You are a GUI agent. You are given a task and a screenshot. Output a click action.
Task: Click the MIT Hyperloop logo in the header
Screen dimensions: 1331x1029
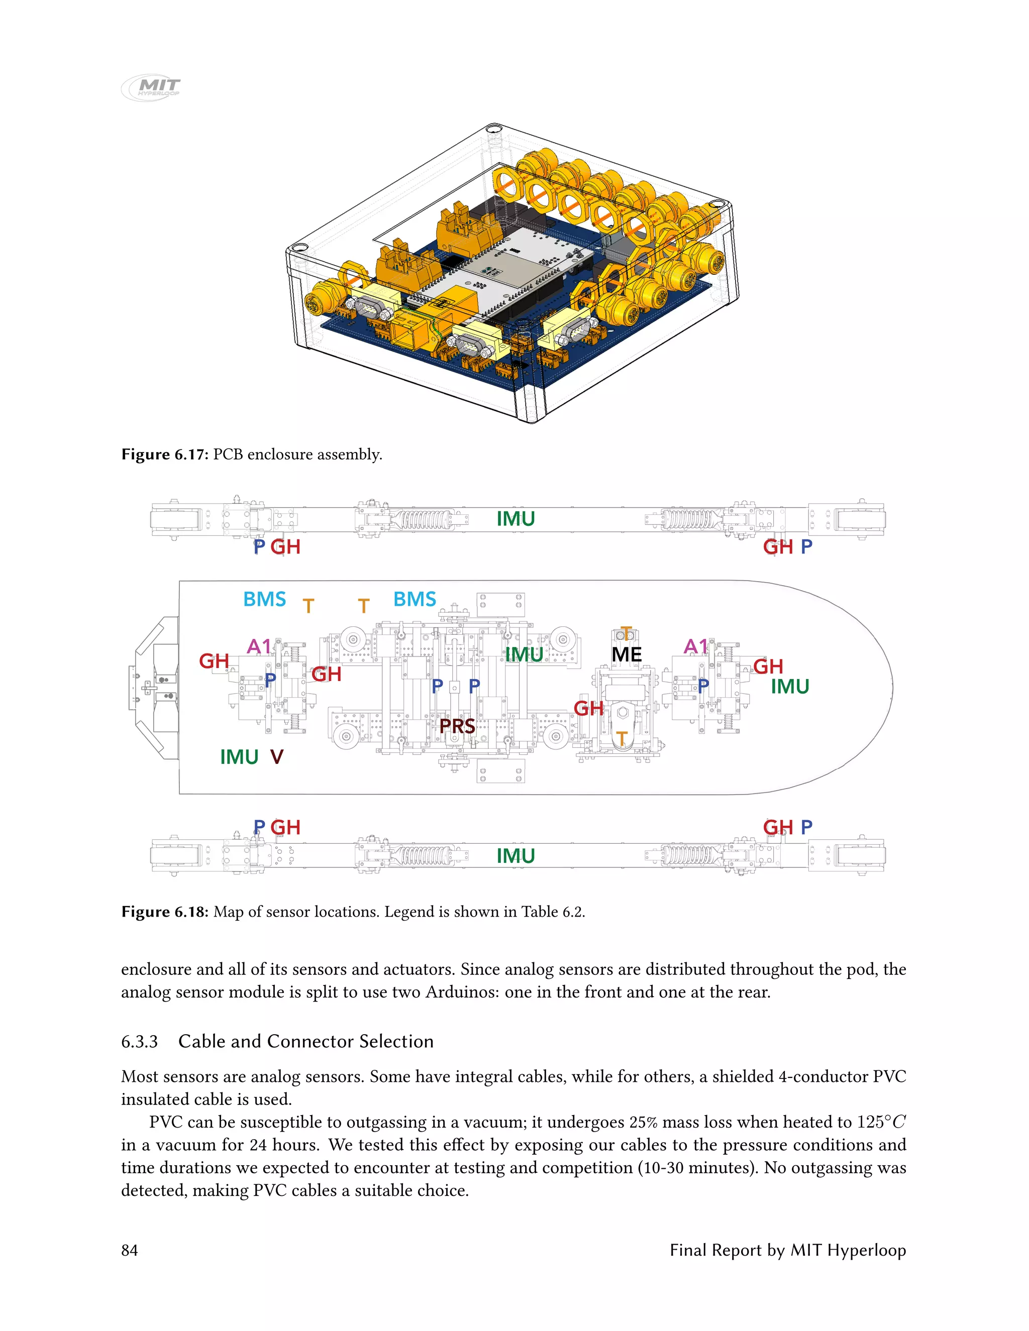(x=151, y=87)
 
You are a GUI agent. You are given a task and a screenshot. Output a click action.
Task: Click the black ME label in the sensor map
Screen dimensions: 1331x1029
(x=626, y=654)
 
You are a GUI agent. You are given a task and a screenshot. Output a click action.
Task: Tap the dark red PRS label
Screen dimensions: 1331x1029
(x=457, y=726)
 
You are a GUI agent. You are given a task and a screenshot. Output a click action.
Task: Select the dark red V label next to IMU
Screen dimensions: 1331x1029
(x=277, y=757)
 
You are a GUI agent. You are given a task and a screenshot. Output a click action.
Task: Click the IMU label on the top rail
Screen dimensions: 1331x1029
(x=515, y=519)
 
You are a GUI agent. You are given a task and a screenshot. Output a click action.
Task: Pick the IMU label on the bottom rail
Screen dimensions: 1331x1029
(x=515, y=856)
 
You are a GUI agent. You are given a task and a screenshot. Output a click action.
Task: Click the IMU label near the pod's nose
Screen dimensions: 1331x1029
(x=789, y=687)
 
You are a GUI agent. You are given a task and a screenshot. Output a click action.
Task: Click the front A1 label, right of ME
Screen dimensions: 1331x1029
(x=696, y=646)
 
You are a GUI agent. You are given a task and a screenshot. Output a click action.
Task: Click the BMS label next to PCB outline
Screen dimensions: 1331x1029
(x=415, y=599)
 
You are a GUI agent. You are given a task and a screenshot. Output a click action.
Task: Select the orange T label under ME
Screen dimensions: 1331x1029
(x=621, y=739)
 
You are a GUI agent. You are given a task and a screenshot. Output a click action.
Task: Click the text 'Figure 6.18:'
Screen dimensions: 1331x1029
(x=165, y=912)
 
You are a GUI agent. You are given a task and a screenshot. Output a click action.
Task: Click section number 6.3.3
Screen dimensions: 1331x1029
(x=139, y=1042)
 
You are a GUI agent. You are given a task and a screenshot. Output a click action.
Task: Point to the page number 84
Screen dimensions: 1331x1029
(x=129, y=1251)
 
